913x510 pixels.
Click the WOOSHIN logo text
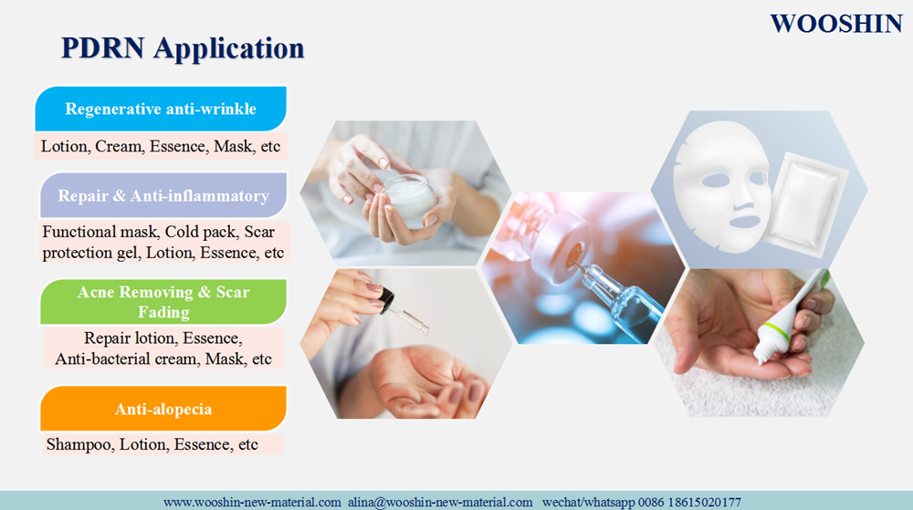click(836, 24)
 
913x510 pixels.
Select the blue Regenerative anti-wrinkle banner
click(161, 109)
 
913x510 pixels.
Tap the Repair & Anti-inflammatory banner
click(163, 195)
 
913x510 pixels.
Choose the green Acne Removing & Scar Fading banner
click(163, 302)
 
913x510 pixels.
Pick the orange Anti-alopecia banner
click(163, 409)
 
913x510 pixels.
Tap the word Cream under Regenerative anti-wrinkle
click(119, 147)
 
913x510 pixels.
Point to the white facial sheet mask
click(721, 186)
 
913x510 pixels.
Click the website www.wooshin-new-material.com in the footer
click(252, 502)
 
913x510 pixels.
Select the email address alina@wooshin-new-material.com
click(440, 502)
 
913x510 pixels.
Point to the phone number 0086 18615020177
click(689, 502)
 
